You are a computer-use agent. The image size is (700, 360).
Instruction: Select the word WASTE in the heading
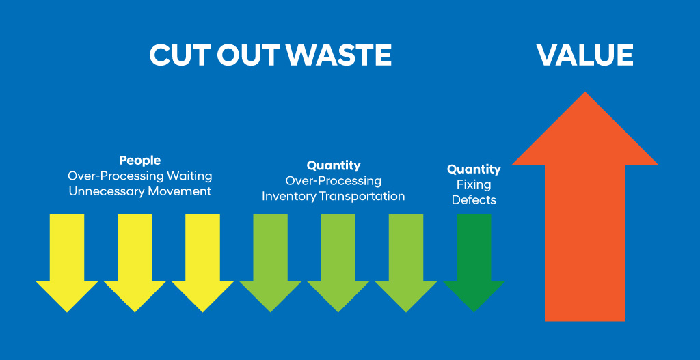pos(338,55)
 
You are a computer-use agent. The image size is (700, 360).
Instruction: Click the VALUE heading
pos(585,55)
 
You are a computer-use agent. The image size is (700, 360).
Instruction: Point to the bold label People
pos(139,160)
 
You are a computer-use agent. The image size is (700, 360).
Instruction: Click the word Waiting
pos(189,176)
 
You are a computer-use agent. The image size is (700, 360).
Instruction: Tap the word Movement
pos(174,191)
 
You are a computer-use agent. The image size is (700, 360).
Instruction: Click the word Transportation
pos(360,196)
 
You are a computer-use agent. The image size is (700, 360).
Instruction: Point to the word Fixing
pos(474,184)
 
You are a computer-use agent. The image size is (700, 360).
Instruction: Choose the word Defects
pos(474,200)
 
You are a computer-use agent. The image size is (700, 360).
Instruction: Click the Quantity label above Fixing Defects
pos(474,169)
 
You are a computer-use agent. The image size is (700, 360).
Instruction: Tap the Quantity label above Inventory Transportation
pos(334,165)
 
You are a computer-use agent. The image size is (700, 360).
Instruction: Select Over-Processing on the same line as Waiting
pos(116,176)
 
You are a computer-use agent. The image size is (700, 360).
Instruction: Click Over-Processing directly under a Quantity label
pos(334,181)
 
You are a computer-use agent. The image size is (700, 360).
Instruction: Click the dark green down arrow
pos(474,263)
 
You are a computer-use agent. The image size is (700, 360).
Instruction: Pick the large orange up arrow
pos(585,206)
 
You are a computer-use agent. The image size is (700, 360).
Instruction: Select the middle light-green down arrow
pos(338,263)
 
